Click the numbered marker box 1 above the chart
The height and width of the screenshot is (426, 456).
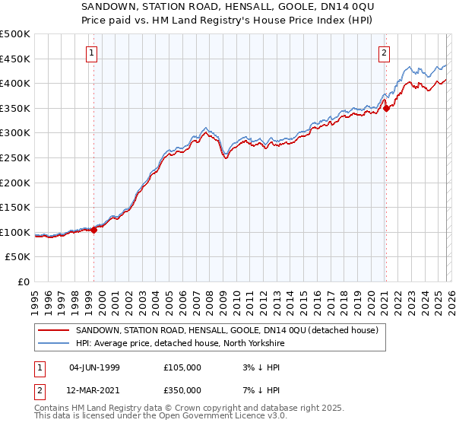[x=92, y=53]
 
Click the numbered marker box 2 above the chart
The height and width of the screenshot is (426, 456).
[x=385, y=53]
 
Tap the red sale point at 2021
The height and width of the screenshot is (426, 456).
[x=386, y=108]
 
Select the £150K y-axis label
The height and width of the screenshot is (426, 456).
[x=16, y=208]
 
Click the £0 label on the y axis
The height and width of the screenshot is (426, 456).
[x=24, y=281]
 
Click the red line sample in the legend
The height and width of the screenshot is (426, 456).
[x=55, y=330]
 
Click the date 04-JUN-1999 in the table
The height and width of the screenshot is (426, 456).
[x=94, y=367]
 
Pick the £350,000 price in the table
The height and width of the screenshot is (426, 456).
[x=182, y=389]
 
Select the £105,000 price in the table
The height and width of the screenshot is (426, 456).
[x=182, y=367]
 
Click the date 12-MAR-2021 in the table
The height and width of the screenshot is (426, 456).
[x=94, y=389]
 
